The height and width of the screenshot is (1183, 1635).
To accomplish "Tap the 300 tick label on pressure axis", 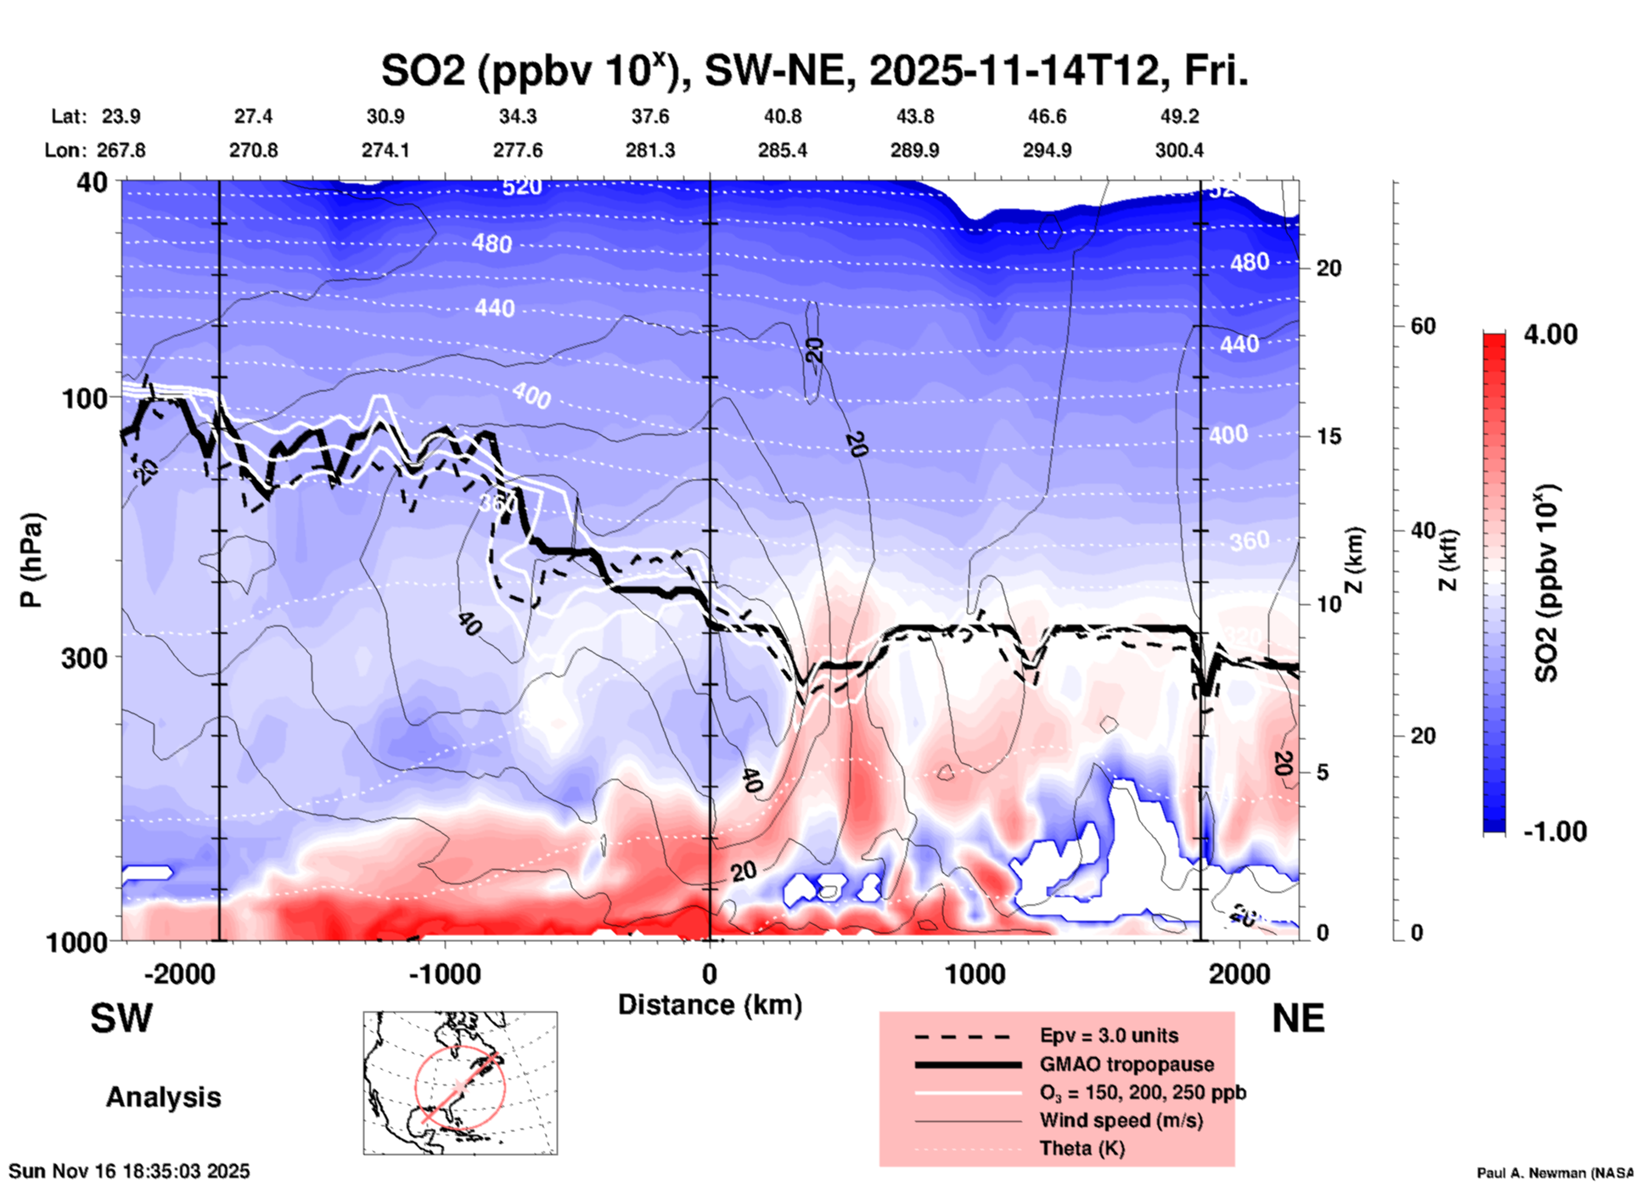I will point(84,658).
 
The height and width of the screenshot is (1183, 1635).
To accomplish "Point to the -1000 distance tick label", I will point(444,973).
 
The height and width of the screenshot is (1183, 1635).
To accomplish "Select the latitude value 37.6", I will point(649,116).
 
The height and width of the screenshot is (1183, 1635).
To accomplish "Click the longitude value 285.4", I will point(782,150).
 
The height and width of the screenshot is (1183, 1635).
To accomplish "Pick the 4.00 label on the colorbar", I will point(1550,334).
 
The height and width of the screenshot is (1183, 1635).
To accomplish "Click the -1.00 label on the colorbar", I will point(1554,832).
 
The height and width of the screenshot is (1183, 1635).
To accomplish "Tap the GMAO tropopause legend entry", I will point(1127,1064).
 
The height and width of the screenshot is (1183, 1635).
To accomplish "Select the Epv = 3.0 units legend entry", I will point(1109,1035).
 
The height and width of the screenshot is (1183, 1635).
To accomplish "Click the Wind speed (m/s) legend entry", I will point(1121,1120).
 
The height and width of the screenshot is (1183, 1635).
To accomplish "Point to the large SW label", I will point(121,1018).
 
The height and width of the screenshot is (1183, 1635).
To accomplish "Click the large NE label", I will point(1298,1018).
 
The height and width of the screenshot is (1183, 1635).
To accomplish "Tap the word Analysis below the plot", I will point(163,1097).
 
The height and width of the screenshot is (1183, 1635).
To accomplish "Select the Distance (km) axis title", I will point(710,1005).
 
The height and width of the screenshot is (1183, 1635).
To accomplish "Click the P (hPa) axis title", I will point(31,560).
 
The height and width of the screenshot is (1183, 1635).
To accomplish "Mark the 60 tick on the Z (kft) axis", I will point(1423,326).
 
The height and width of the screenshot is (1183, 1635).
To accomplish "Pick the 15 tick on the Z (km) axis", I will point(1328,436).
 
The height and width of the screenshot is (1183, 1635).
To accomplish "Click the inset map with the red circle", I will point(460,1083).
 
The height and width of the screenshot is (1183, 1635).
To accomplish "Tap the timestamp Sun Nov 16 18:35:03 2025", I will point(130,1171).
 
